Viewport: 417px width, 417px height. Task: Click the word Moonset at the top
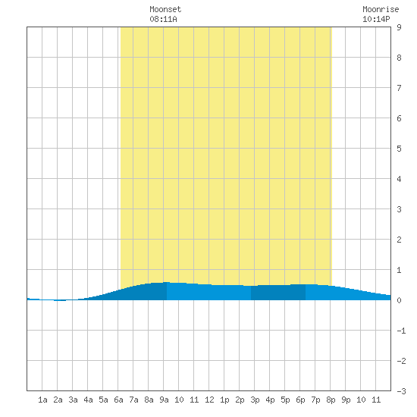(x=165, y=9)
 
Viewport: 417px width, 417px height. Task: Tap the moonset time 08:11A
(x=163, y=19)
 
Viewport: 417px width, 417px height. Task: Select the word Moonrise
(x=381, y=9)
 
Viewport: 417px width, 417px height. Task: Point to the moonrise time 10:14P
(x=376, y=19)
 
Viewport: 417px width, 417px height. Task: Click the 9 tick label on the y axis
(x=399, y=27)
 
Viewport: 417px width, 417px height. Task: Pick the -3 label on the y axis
(x=401, y=391)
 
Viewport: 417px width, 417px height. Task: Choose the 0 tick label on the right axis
(x=399, y=300)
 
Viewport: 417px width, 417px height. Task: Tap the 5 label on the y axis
(x=399, y=149)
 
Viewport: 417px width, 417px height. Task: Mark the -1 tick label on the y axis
(x=401, y=331)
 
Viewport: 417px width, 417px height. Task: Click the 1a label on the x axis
(x=42, y=400)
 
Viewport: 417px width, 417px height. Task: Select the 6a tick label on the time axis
(x=118, y=400)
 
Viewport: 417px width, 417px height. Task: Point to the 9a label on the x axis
(x=164, y=400)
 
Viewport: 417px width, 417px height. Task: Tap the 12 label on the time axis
(x=209, y=400)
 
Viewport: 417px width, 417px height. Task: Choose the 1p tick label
(x=224, y=400)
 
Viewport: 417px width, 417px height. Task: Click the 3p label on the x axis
(x=255, y=400)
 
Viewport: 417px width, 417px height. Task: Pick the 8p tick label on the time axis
(x=331, y=400)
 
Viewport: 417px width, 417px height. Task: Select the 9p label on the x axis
(x=346, y=400)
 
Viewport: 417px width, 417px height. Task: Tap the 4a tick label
(x=88, y=400)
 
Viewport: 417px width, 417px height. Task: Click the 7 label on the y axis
(x=399, y=88)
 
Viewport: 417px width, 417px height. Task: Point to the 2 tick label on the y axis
(x=399, y=240)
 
